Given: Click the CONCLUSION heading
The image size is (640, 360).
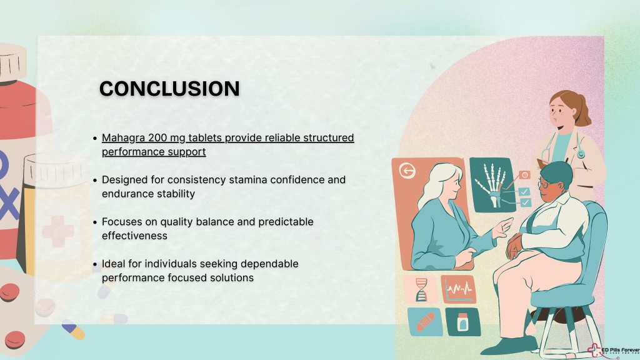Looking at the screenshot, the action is click(169, 89).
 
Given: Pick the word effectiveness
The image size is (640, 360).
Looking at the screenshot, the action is click(134, 236).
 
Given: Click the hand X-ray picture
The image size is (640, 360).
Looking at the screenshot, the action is click(491, 185).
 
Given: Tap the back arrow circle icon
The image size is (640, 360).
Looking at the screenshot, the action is click(407, 171).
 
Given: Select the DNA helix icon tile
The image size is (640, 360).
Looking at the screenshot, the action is click(421, 289).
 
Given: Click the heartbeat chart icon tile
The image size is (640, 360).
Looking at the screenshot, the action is click(458, 289).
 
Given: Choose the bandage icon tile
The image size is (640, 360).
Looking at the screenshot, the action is click(425, 322).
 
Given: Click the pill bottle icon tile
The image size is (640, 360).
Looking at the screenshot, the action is click(462, 322).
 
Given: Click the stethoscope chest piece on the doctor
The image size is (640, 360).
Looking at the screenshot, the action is click(581, 154).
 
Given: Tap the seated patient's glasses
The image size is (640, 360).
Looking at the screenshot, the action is click(545, 184).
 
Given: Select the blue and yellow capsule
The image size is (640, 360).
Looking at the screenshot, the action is click(74, 330).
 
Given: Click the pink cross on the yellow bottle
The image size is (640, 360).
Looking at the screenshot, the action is click(58, 231).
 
